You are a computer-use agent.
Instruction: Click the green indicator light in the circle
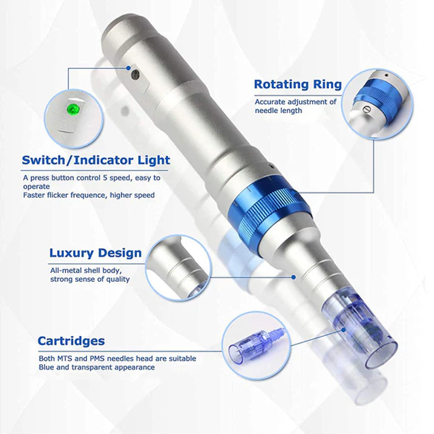pos(73,108)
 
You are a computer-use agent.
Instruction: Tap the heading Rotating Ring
pos(297,84)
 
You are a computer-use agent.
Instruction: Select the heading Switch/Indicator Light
pos(95,160)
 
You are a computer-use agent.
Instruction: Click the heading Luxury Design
pos(95,253)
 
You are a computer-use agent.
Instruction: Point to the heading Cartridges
pos(71,341)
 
